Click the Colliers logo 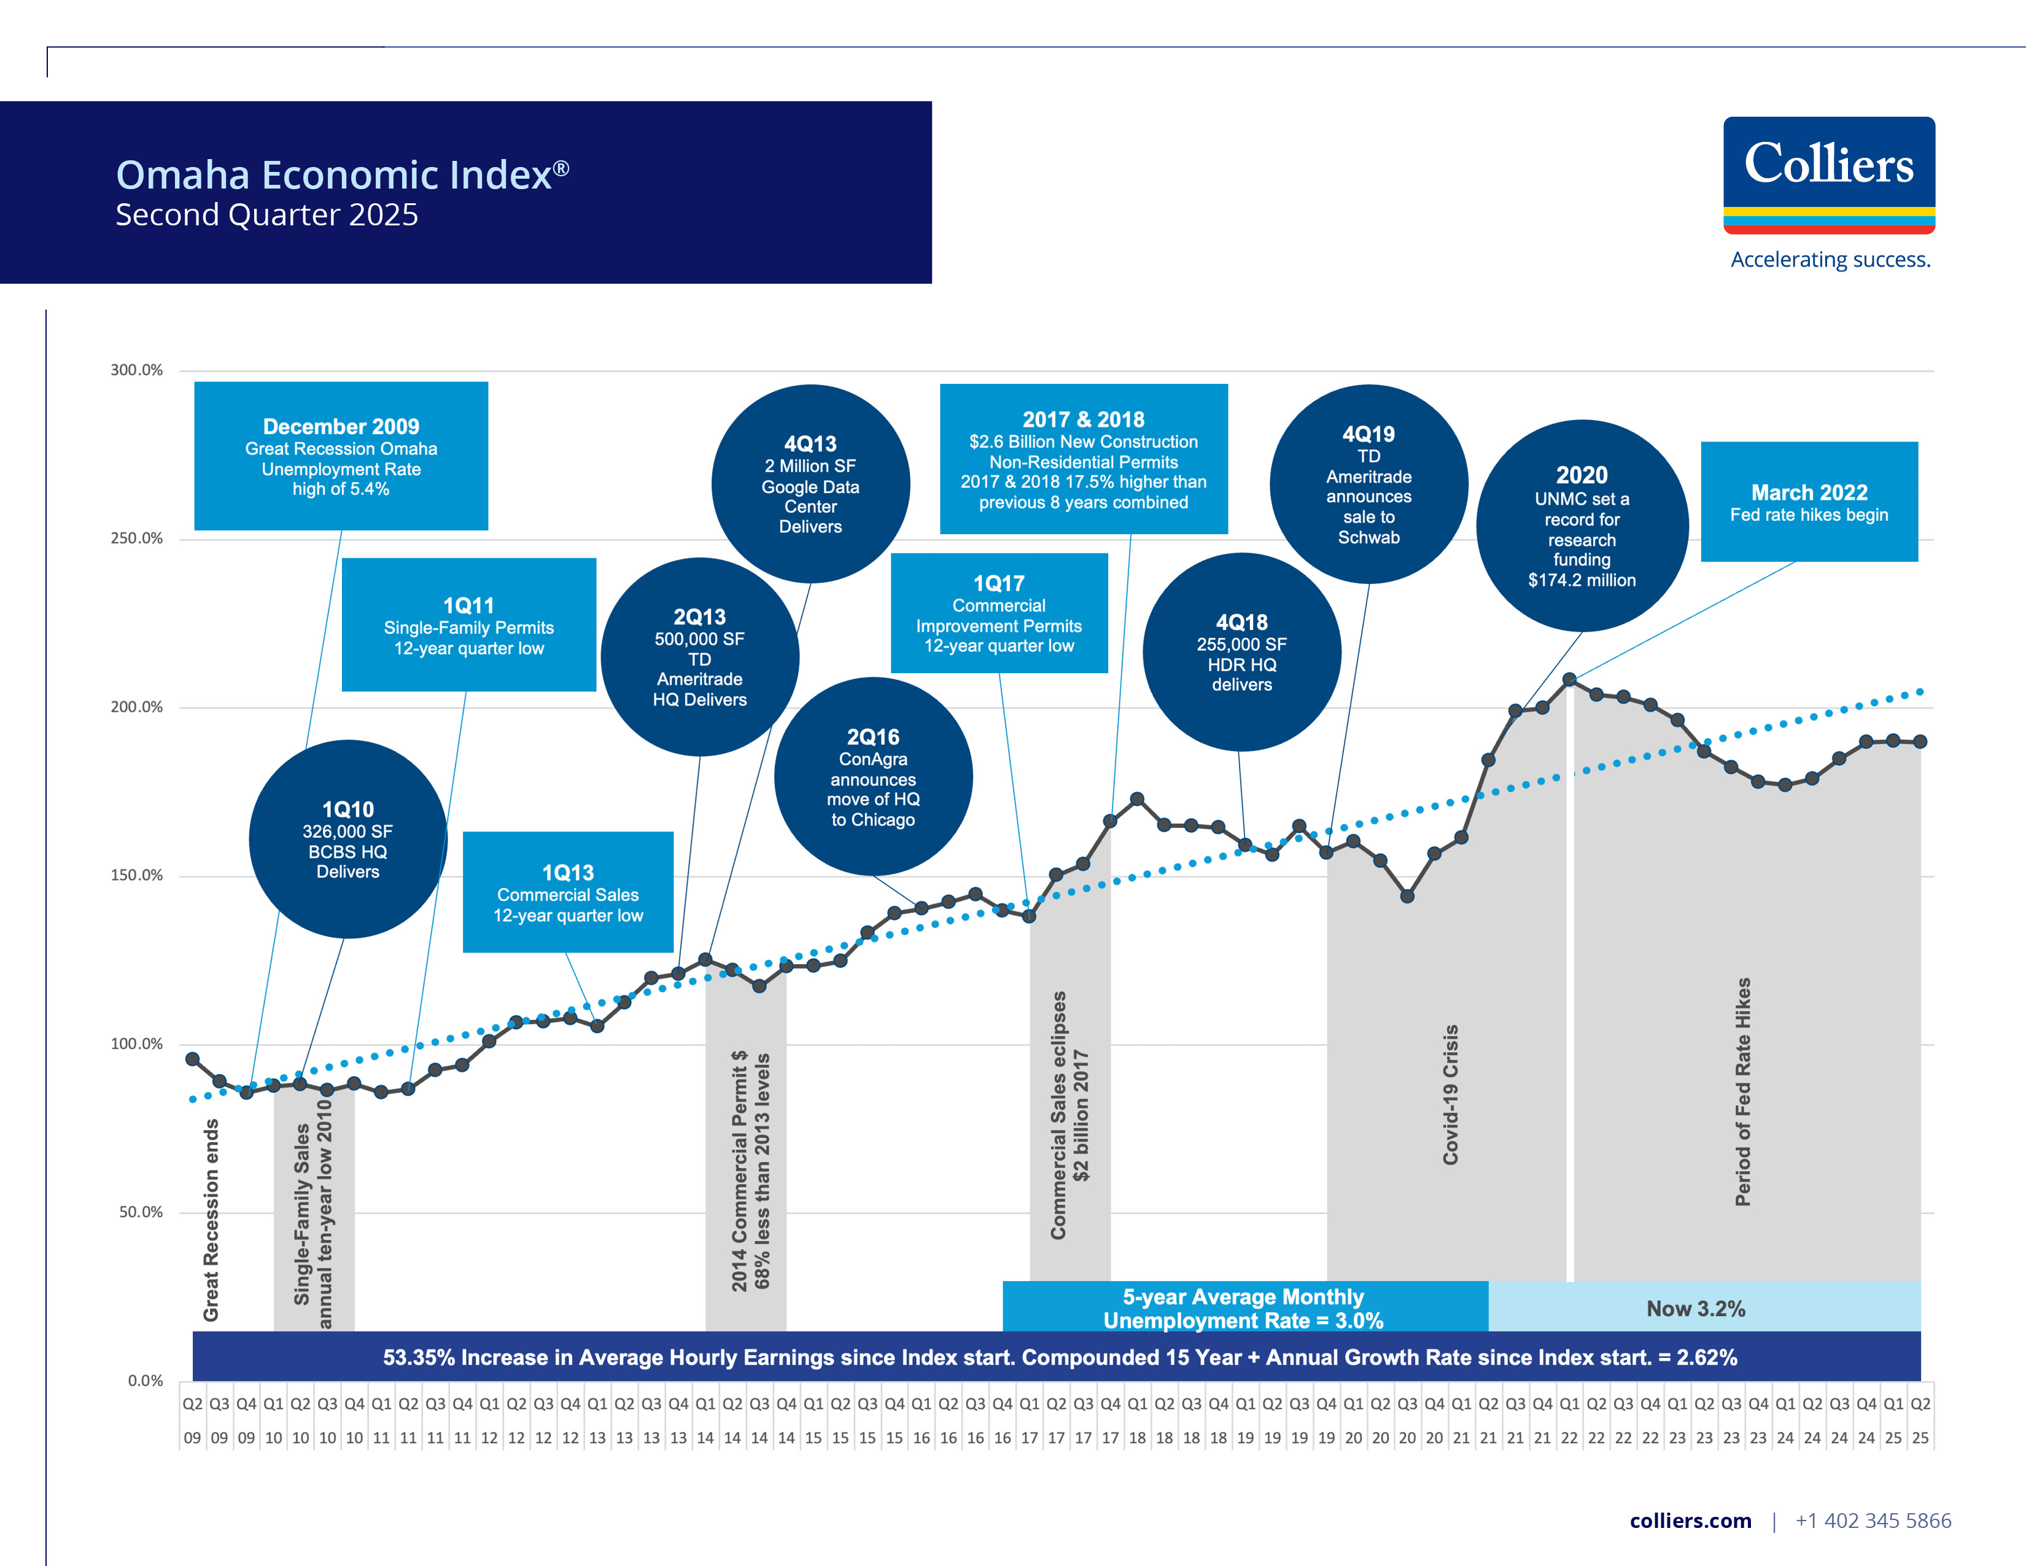point(1828,174)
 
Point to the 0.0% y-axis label point(145,1381)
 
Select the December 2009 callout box point(341,456)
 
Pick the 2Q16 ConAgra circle point(873,776)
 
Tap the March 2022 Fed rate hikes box point(1808,502)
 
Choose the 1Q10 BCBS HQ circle point(348,839)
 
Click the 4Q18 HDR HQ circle point(1241,652)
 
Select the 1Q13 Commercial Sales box point(568,892)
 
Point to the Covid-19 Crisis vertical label point(1450,1095)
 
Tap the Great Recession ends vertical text point(212,1220)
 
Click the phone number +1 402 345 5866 point(1873,1521)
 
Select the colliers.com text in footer point(1690,1521)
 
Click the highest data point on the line point(1569,680)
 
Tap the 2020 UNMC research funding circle point(1582,526)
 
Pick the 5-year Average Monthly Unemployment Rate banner point(1244,1307)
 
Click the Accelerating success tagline point(1830,260)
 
